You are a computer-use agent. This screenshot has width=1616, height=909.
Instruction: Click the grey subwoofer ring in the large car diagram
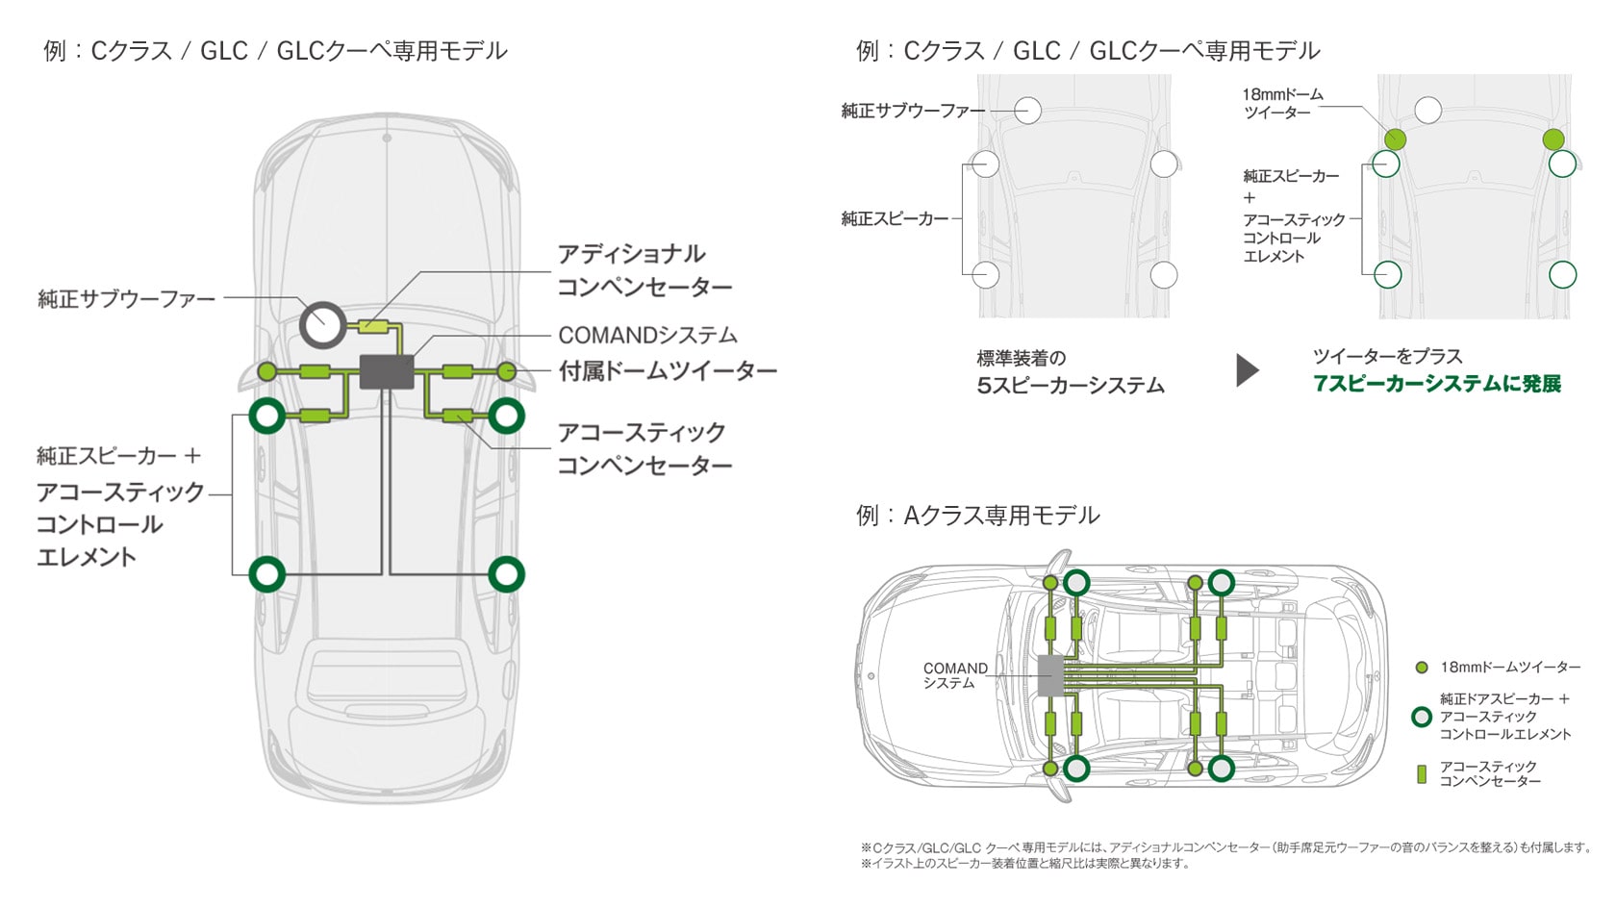point(322,324)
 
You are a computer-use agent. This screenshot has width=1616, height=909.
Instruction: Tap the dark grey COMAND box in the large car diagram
point(387,371)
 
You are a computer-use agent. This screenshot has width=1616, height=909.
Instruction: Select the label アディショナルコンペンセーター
point(644,270)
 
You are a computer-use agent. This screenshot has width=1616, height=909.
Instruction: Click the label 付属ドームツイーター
point(668,370)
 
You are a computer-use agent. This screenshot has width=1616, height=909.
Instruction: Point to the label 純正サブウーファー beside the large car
point(127,299)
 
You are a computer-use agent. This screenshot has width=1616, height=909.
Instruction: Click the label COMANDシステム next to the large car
point(647,335)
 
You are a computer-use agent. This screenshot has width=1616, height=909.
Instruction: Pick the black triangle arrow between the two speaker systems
point(1247,370)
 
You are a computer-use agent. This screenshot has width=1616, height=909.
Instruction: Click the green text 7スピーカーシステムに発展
point(1437,384)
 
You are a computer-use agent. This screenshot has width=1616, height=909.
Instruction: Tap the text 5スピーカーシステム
point(1071,386)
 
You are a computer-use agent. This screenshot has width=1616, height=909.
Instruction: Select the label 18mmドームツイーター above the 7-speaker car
point(1282,103)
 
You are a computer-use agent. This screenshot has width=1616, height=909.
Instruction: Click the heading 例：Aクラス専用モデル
point(977,516)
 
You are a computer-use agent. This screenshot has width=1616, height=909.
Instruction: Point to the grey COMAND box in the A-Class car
point(1051,675)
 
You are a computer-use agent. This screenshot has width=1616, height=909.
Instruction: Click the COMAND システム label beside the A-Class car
point(954,675)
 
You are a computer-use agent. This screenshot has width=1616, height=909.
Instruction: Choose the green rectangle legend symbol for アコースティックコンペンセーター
point(1422,774)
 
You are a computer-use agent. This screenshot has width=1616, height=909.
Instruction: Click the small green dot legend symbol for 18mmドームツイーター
point(1422,668)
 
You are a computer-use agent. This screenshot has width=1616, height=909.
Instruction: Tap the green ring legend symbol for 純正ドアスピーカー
point(1422,717)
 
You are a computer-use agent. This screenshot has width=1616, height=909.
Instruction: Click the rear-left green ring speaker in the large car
point(267,574)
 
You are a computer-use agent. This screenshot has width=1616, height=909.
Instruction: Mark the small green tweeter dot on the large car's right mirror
point(507,371)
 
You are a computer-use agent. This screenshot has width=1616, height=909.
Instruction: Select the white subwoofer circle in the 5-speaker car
point(1027,111)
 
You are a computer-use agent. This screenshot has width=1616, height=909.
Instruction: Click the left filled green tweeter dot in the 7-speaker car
point(1395,139)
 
